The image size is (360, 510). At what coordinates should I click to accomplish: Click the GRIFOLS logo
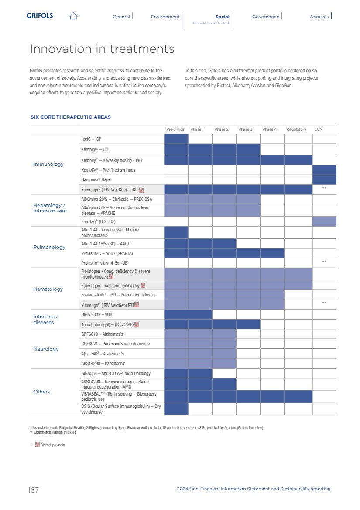(40, 16)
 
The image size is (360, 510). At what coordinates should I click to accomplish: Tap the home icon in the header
(73, 16)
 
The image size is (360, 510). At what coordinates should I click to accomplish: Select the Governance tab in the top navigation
(265, 17)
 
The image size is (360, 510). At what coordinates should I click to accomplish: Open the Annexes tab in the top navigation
(319, 17)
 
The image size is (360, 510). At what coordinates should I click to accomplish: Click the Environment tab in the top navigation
(165, 17)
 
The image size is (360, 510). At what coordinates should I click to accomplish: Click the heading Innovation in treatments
(102, 49)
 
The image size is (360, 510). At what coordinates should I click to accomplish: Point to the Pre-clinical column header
(176, 129)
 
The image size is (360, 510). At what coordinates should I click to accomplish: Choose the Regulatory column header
(296, 129)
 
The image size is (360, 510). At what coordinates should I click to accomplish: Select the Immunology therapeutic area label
(48, 164)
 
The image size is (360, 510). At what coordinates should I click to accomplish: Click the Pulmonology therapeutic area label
(49, 247)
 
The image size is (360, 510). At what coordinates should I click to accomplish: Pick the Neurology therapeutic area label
(46, 349)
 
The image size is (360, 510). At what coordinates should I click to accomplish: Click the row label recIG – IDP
(91, 139)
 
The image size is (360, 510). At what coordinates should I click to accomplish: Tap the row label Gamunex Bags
(96, 179)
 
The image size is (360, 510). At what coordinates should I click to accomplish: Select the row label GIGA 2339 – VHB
(97, 314)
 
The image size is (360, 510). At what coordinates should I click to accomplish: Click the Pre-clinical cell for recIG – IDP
(176, 139)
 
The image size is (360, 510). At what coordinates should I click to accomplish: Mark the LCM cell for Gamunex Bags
(324, 179)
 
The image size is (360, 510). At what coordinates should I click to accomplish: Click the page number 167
(34, 490)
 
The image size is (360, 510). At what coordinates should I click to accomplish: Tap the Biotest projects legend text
(52, 445)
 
